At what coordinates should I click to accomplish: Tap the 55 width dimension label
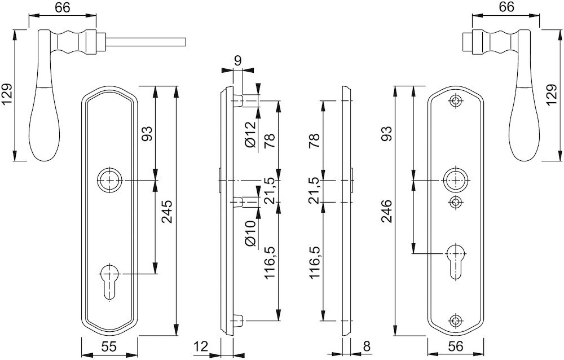tap(108, 346)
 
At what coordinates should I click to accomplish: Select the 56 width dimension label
tap(455, 346)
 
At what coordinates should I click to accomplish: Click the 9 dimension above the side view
tap(237, 61)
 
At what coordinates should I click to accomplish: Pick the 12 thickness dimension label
tap(201, 346)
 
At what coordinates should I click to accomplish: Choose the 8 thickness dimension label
tap(367, 346)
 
